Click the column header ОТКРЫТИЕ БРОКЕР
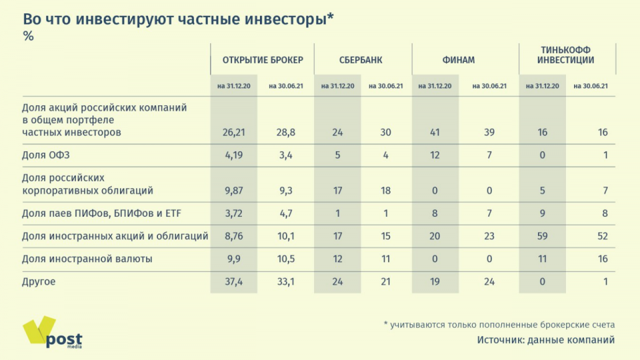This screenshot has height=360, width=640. click(263, 60)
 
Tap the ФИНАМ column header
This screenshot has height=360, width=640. click(459, 60)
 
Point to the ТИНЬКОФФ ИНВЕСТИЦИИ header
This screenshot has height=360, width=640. click(567, 55)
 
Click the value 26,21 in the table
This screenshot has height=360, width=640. click(234, 132)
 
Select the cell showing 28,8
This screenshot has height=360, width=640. click(286, 132)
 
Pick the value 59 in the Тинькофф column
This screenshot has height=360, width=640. click(542, 235)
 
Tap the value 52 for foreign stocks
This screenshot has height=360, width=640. click(602, 235)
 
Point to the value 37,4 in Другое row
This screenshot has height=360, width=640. click(234, 281)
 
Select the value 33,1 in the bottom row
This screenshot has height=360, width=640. click(286, 281)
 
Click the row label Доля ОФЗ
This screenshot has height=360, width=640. click(46, 155)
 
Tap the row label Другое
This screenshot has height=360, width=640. click(39, 281)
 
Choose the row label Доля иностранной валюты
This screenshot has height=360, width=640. click(87, 259)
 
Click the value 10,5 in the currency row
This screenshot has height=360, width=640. click(286, 259)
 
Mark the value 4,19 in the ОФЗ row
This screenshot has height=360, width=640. click(234, 155)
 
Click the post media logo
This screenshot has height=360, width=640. click(53, 333)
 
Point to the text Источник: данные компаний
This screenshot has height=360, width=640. click(545, 340)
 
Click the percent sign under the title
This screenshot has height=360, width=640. click(29, 37)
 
